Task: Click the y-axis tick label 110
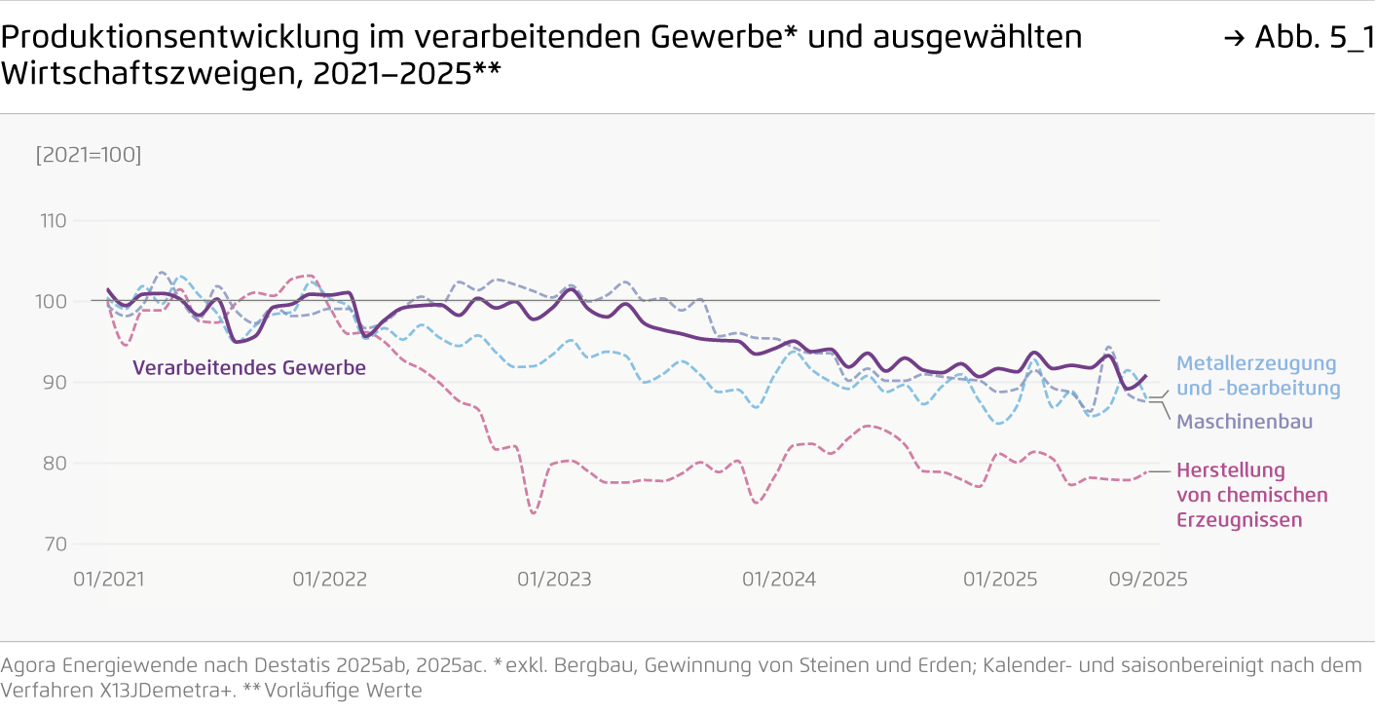(54, 221)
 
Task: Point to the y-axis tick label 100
(54, 302)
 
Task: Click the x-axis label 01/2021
(109, 579)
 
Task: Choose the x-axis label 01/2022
(330, 579)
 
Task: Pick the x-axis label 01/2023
(554, 579)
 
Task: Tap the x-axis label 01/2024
(779, 579)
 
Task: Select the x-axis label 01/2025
(1000, 579)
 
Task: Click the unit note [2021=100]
(89, 155)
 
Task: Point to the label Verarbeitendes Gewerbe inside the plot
(249, 368)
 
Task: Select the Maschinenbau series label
(1245, 422)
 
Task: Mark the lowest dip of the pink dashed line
(533, 512)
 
